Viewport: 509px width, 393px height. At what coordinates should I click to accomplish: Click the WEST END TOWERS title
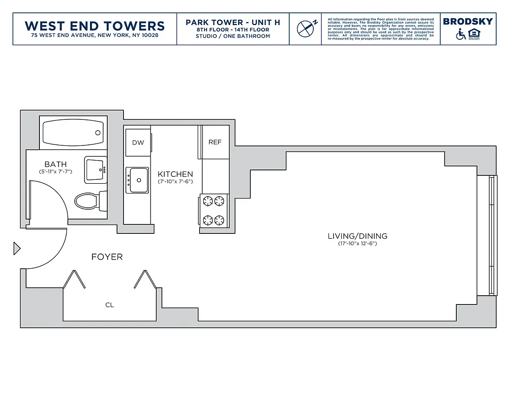coord(94,26)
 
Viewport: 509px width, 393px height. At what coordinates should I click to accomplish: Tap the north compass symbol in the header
coord(305,28)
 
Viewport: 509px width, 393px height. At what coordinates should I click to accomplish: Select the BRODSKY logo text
coord(467,22)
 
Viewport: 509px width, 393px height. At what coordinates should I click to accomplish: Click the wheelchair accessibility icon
coord(461,34)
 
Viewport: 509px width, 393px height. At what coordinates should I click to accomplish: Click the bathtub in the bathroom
coord(72,132)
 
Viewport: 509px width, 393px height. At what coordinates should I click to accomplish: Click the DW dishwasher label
coord(138,142)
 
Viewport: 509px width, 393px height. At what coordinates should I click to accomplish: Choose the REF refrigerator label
coord(215,142)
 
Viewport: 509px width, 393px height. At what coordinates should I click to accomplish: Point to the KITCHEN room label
coord(175,174)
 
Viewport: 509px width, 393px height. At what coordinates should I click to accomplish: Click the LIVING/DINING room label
coord(358,236)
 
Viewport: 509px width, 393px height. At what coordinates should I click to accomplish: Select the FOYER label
coord(107,257)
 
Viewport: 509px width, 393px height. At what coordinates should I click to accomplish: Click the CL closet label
coord(109,305)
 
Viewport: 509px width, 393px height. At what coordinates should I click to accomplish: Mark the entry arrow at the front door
coord(17,249)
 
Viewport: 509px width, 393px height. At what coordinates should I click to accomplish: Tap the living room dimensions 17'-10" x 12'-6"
coord(358,244)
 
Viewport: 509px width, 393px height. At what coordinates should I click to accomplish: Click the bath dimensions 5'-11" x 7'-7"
coord(56,171)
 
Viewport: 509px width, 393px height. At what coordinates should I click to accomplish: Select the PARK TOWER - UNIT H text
coord(233,23)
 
